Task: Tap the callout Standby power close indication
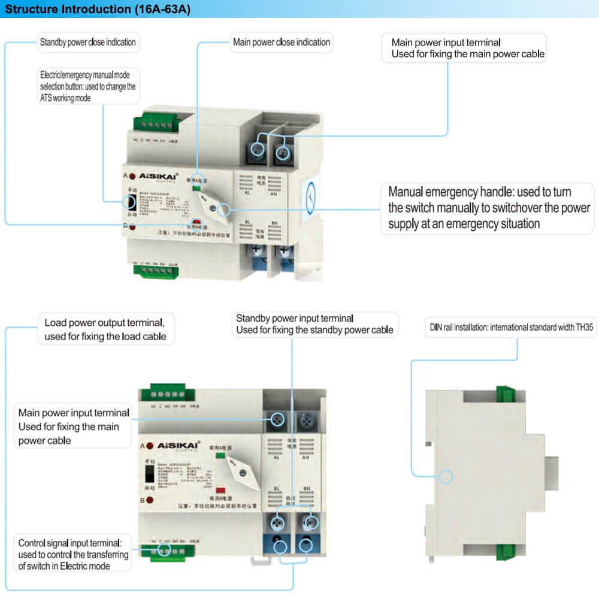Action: click(x=87, y=43)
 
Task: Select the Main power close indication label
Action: click(x=281, y=43)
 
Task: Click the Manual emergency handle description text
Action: click(x=489, y=208)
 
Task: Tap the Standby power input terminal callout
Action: click(x=314, y=324)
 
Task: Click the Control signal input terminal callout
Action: click(x=73, y=554)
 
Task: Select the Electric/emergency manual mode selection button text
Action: click(x=87, y=86)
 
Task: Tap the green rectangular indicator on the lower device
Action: click(x=220, y=456)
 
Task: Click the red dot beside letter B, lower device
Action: click(x=149, y=500)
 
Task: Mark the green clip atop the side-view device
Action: click(x=507, y=392)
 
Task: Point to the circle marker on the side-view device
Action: click(x=445, y=477)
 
